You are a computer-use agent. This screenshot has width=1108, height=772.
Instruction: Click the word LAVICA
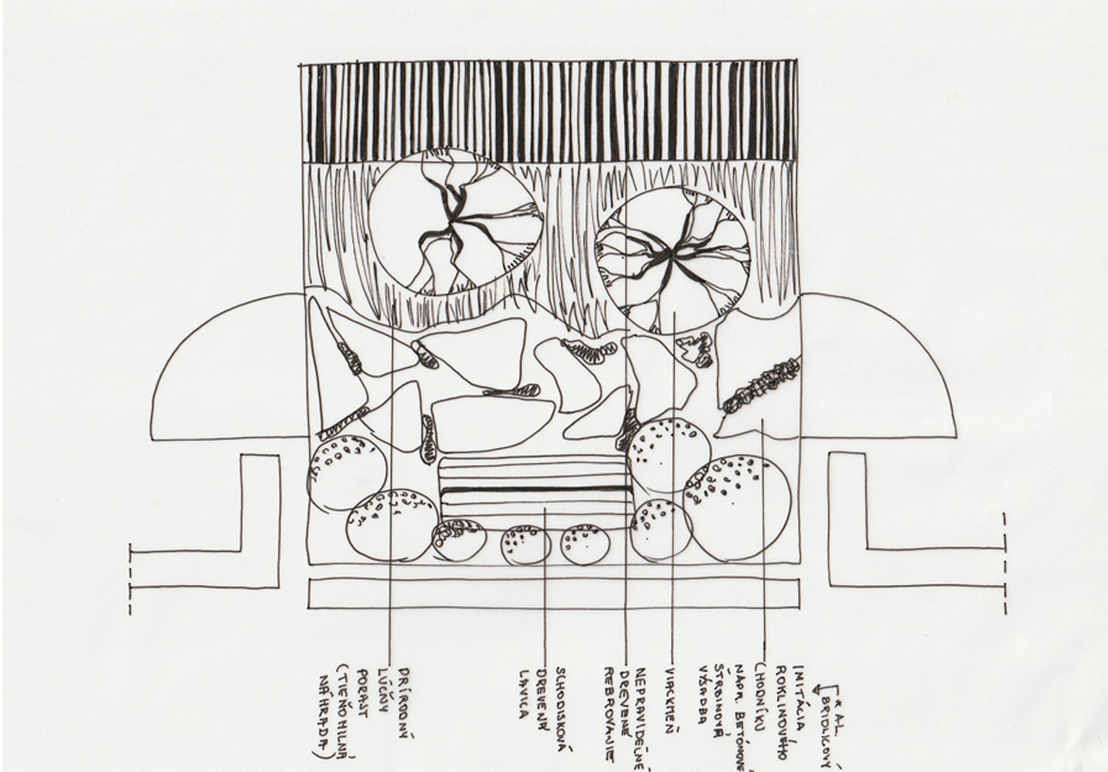pyautogui.click(x=523, y=694)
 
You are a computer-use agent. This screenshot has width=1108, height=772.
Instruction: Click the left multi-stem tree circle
pyautogui.click(x=455, y=221)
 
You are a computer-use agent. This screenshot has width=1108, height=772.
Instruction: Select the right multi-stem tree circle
pyautogui.click(x=673, y=259)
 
